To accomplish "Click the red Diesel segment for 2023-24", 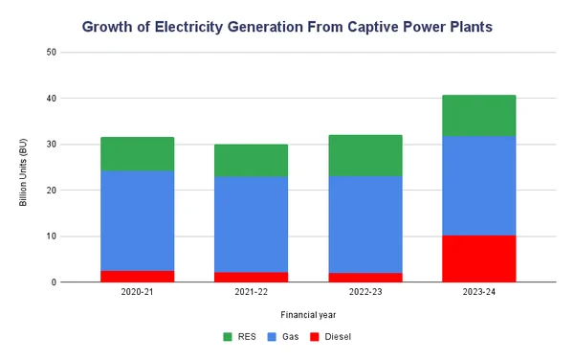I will click(478, 259).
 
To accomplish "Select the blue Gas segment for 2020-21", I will click(137, 220).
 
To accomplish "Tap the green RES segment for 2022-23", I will click(364, 155).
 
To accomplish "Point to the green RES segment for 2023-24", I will click(478, 115).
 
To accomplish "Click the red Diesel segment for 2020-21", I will click(137, 277).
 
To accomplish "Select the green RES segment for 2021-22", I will click(251, 160).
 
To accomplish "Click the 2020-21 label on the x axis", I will click(137, 292).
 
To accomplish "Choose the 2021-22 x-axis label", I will click(251, 292).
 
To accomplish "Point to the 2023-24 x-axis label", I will click(478, 292).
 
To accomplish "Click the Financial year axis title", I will click(308, 314).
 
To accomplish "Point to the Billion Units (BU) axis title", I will click(22, 167).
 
